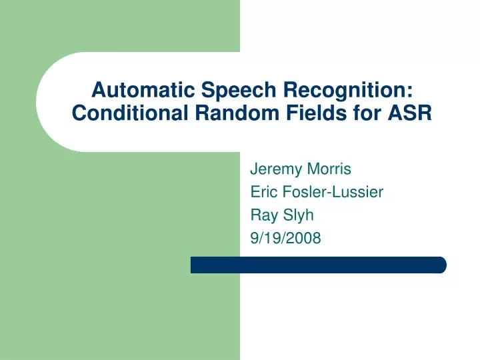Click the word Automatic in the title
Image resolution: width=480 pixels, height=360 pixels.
[132, 89]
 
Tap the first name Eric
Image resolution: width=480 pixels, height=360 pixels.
[263, 192]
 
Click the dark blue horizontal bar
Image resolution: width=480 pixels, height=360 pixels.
[313, 265]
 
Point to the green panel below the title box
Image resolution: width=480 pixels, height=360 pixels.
[120, 253]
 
